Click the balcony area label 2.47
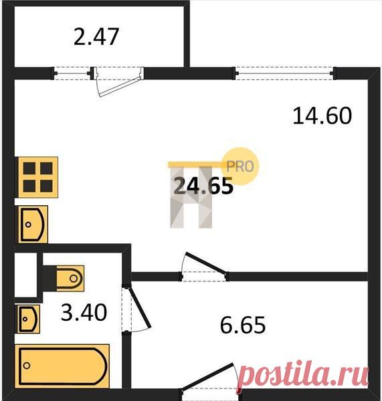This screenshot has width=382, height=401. coord(96,37)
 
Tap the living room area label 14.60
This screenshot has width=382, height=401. coord(322,116)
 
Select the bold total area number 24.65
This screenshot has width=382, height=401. coord(203,186)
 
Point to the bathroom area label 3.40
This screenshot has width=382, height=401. coord(84,312)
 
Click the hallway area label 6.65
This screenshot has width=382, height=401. coord(243,325)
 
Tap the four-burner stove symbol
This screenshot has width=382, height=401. coord(38,177)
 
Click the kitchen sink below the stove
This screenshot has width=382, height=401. coord(33,225)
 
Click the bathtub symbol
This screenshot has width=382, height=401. coord(62,366)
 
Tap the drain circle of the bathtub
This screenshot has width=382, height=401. coord(27,366)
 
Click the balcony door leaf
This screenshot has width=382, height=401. coord(119,86)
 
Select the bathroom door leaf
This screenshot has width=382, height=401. coord(140,307)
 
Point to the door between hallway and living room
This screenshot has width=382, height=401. coord(206,263)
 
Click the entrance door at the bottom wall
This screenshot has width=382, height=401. coord(207,376)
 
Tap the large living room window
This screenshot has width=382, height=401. coord(284,74)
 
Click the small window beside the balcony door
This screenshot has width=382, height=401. coord(72,74)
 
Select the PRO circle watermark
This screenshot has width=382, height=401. coord(240,166)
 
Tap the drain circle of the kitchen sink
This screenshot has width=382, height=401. coord(28,225)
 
